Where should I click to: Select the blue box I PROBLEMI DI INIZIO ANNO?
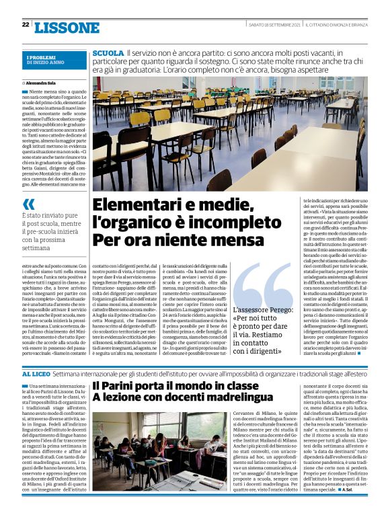tap(45, 61)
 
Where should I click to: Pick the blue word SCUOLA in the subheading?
tap(108, 52)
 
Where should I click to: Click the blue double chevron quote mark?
tap(28, 204)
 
